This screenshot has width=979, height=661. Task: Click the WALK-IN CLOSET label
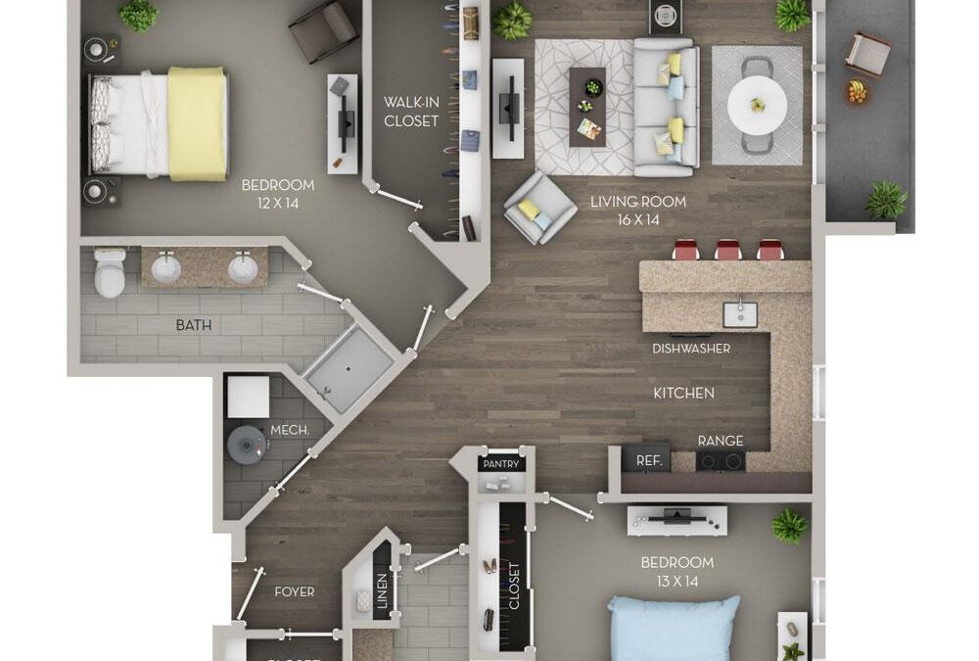coord(411,112)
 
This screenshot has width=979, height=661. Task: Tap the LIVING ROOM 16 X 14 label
coord(637,211)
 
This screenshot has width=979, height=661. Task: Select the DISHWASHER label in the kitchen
coord(691,349)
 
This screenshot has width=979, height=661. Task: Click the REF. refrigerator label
coord(649,459)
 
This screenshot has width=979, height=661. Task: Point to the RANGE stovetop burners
coord(720,461)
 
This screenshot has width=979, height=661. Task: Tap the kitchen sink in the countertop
coord(739,314)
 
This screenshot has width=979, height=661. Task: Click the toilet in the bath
coord(110,272)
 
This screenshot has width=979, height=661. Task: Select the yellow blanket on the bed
coord(197,122)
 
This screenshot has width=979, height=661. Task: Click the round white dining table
coord(756,105)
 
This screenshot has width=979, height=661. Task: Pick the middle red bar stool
coord(727,250)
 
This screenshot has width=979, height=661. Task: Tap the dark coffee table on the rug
coord(587,106)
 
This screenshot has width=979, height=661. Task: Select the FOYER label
coord(294,591)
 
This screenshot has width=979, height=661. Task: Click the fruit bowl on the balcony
coord(857,92)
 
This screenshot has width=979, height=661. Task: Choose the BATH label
coord(193,325)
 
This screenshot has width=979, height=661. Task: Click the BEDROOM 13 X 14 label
coord(676,571)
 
